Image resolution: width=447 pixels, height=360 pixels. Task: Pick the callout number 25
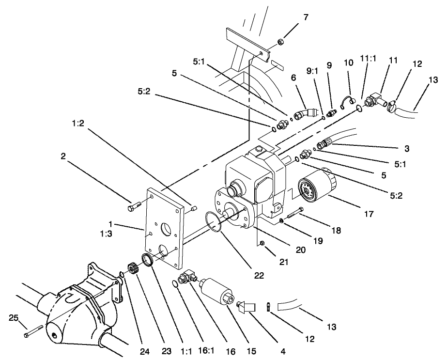(x=14, y=318)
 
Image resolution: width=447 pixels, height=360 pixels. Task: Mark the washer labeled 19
(x=281, y=221)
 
